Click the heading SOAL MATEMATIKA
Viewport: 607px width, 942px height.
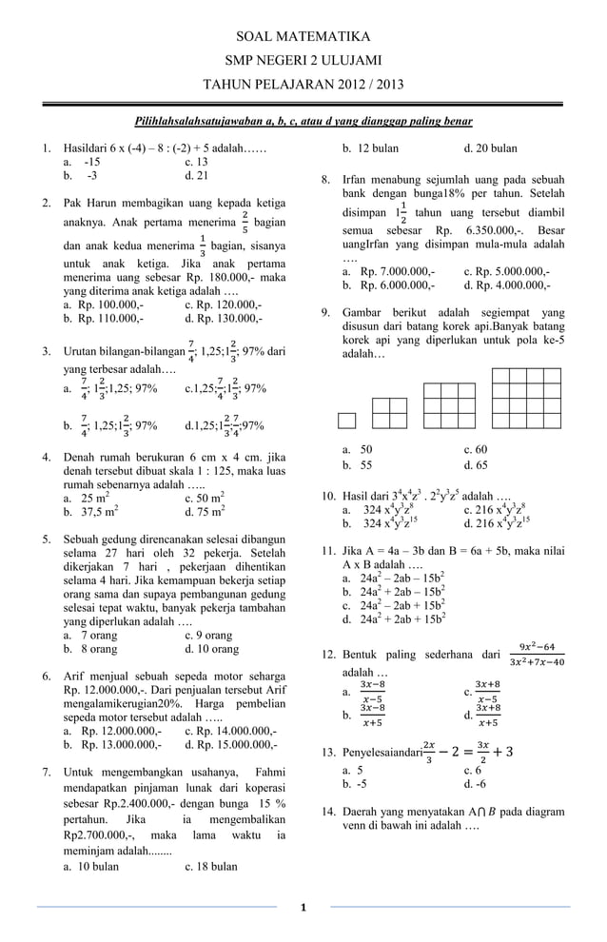[x=303, y=37]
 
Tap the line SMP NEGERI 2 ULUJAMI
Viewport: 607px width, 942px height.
[x=303, y=61]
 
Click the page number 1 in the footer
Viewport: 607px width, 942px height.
[x=303, y=907]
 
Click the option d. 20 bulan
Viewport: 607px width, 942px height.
[x=490, y=148]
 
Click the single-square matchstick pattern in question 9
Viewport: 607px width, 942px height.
[x=347, y=421]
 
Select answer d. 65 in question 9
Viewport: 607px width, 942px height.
[x=475, y=465]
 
